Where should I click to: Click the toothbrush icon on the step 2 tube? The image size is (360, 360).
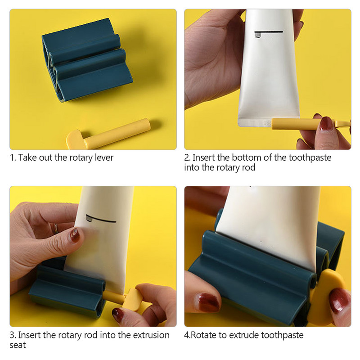tap(268, 33)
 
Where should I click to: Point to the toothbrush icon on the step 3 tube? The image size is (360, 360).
tap(100, 219)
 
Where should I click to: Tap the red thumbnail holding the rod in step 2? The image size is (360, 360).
tap(326, 123)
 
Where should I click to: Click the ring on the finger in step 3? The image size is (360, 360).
tap(55, 228)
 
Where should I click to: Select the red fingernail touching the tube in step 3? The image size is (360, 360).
tap(75, 234)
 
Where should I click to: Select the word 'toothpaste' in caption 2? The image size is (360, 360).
tap(310, 158)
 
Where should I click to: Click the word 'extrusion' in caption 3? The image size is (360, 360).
tap(151, 335)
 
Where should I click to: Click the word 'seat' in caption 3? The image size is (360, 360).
tap(18, 345)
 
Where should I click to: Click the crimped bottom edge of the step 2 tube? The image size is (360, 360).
tap(255, 123)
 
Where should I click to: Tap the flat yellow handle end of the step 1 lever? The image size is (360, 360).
tap(75, 139)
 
